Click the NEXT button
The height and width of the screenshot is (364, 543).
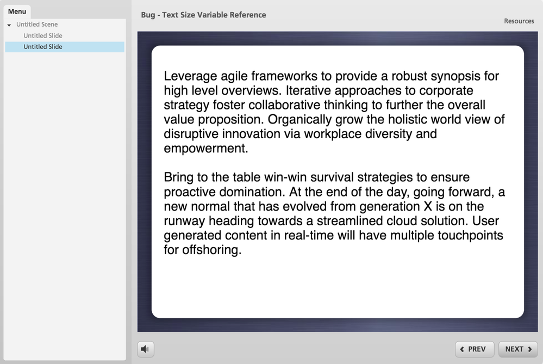pos(518,349)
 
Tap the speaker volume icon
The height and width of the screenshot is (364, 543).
pos(145,349)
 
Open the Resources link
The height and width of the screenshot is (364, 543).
pos(519,21)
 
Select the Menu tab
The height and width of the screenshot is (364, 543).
pos(17,11)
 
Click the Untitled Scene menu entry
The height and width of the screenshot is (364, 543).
pos(37,24)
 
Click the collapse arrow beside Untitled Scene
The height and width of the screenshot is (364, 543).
pos(9,25)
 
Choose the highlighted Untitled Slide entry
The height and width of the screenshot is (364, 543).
pos(43,47)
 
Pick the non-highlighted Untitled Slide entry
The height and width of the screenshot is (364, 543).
pos(43,36)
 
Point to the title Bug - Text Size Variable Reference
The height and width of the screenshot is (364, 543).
pos(204,15)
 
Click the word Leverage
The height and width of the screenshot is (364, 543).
pos(190,76)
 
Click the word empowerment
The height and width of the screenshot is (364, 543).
pos(205,149)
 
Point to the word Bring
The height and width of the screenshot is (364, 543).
pos(178,177)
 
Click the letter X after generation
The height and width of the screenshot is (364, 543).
pos(428,207)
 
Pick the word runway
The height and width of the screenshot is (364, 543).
pos(184,221)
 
